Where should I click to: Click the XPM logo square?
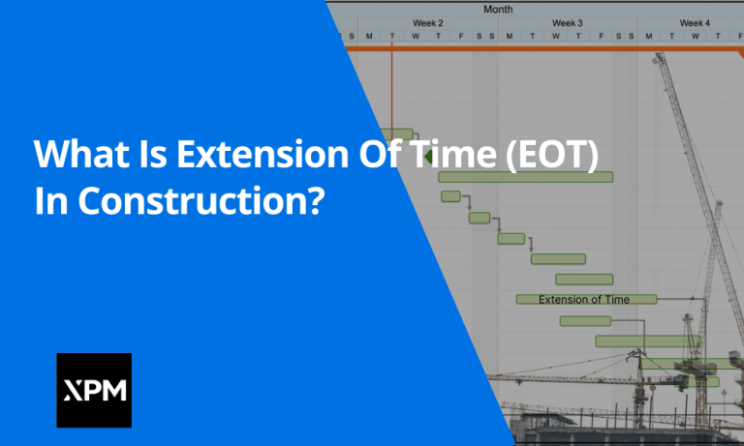coord(94,390)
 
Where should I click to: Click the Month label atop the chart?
coord(498,9)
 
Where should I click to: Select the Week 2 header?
coord(427,22)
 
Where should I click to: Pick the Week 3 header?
coord(567,22)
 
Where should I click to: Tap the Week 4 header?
coord(694,22)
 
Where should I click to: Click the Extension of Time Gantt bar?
coord(586,300)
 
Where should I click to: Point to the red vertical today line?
coord(391,97)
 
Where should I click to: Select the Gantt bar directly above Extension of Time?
coord(583,280)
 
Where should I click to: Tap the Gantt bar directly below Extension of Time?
coord(585,321)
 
